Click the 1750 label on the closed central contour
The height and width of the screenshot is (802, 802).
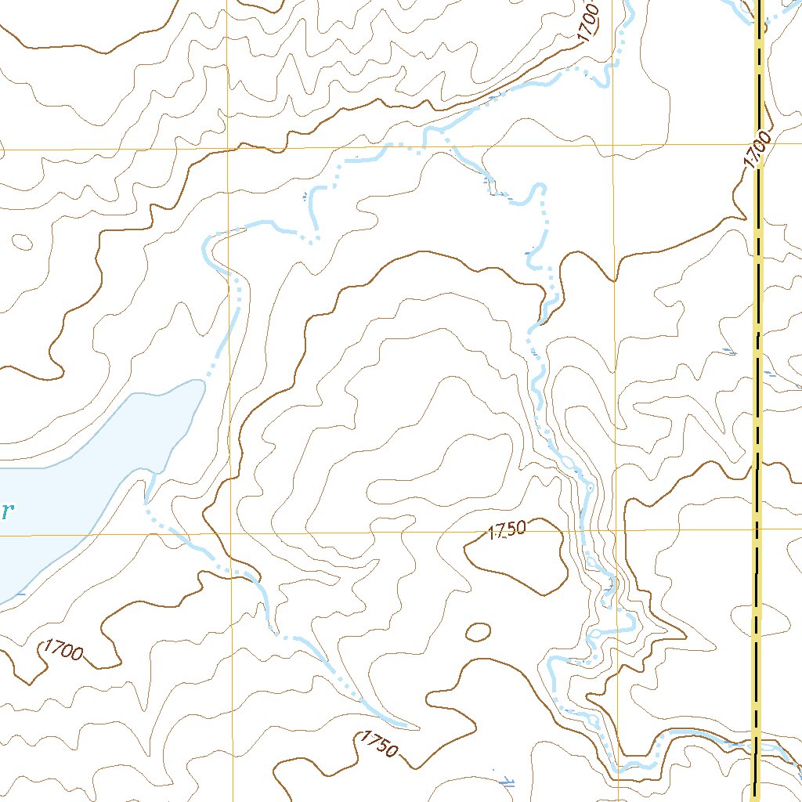point(507,530)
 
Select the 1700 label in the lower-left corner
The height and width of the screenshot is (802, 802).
point(63,649)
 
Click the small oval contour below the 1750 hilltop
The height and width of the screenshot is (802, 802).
point(478,631)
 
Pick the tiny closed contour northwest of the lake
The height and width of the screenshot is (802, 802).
point(22,240)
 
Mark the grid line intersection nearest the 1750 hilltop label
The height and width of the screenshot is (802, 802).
point(616,530)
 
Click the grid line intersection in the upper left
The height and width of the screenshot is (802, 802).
point(228,147)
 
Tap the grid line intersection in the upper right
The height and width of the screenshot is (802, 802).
point(612,145)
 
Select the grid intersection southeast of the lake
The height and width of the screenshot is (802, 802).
point(232,533)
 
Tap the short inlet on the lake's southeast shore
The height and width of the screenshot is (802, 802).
point(149,490)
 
